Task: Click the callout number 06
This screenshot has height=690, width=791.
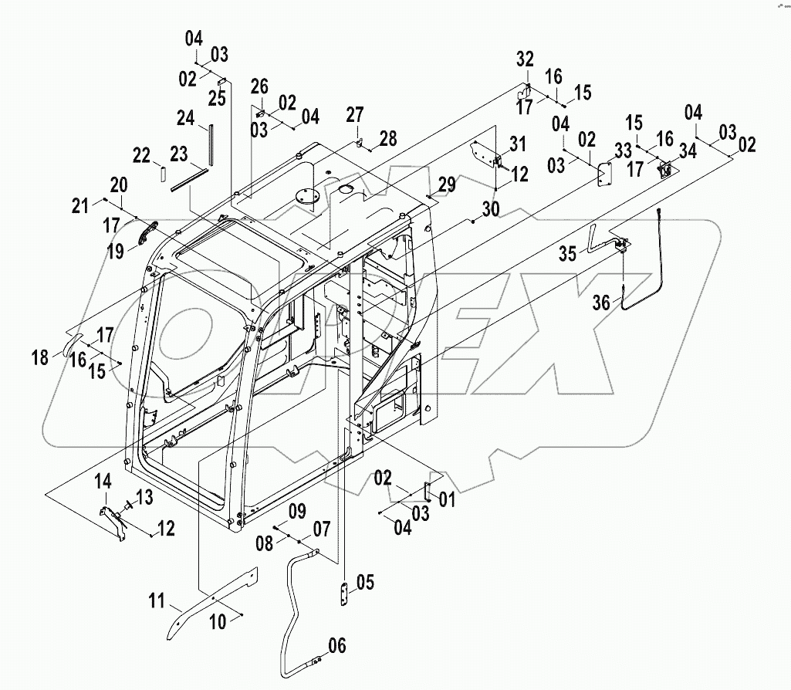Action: (x=336, y=646)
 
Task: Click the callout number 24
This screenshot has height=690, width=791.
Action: (x=185, y=119)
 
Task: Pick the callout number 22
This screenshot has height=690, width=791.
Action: (x=140, y=155)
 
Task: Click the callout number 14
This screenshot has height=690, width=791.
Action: (x=103, y=482)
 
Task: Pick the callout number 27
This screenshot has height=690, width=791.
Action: (x=354, y=116)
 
